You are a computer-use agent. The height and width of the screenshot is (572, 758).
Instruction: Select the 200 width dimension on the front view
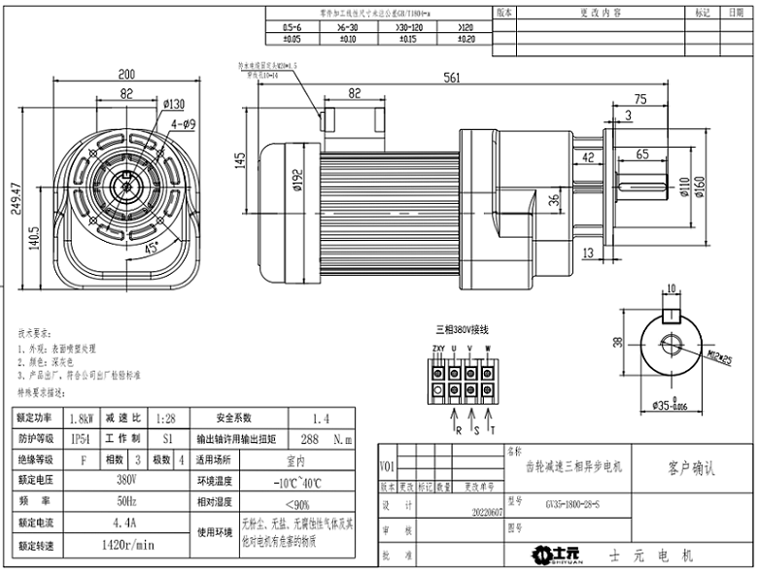click(x=126, y=75)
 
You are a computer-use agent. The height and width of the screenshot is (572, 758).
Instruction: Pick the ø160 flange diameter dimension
click(x=699, y=185)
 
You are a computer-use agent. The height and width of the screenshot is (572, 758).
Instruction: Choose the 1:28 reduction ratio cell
click(x=166, y=418)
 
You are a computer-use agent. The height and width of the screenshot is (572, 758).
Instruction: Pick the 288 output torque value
click(x=310, y=439)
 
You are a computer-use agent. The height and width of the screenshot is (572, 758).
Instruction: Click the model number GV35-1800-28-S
click(x=572, y=504)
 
